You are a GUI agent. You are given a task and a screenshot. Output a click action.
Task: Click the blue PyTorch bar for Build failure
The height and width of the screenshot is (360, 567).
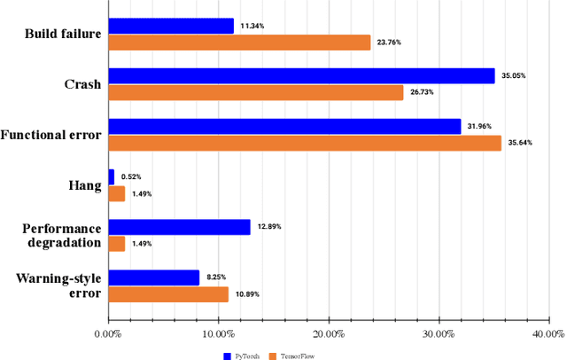[x=171, y=27]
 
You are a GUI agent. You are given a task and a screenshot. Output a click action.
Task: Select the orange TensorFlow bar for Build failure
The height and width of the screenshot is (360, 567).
[x=239, y=43]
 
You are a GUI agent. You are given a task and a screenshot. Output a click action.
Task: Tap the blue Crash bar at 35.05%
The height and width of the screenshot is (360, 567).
[x=301, y=76]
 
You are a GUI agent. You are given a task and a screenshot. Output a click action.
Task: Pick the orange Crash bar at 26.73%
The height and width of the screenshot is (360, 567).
[x=255, y=92]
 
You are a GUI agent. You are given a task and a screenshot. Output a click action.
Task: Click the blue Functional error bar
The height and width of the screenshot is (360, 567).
[x=284, y=127]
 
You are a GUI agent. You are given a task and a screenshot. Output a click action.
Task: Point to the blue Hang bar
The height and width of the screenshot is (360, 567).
[x=111, y=177]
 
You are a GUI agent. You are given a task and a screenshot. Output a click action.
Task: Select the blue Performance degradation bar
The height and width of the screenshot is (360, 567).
[x=179, y=227]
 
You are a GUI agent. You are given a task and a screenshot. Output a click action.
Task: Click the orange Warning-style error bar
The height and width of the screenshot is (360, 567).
[x=168, y=293]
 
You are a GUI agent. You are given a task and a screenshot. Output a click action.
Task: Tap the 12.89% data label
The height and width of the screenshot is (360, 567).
[x=269, y=227]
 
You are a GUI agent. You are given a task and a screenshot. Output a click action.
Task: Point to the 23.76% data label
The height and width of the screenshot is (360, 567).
[x=389, y=43]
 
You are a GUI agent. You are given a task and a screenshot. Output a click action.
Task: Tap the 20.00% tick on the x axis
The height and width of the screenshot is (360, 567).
[x=329, y=334]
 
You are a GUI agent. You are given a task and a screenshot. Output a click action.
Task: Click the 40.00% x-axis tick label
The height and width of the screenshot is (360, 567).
[x=548, y=334]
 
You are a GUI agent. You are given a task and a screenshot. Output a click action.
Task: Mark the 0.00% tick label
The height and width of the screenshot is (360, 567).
[x=108, y=334]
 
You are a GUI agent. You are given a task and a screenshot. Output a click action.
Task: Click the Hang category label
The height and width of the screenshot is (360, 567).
[x=83, y=185]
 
